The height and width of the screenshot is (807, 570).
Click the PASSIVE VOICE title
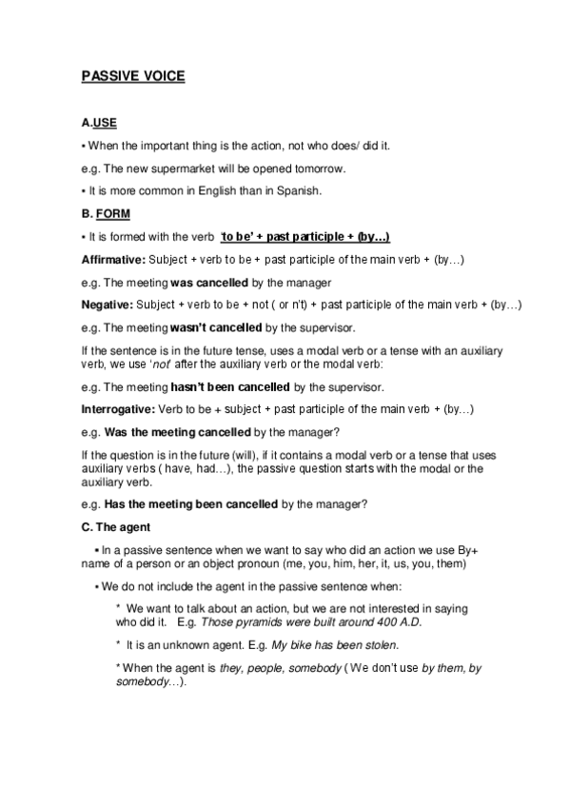pos(133,78)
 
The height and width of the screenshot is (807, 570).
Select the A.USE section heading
pos(99,124)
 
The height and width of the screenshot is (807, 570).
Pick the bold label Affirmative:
pos(113,260)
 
